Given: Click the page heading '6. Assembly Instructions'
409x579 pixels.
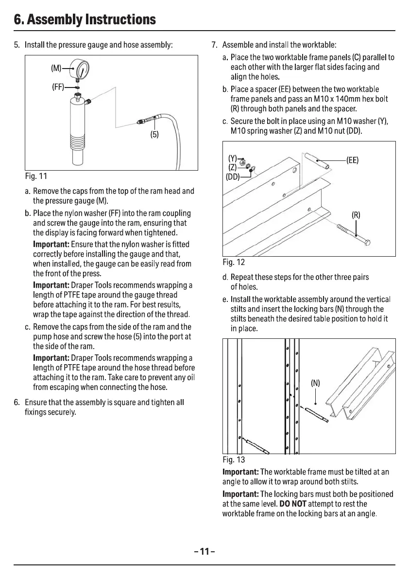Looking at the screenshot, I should [85, 19].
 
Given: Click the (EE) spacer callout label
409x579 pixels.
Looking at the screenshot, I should [352, 160].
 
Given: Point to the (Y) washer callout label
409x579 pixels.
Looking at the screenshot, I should [233, 158].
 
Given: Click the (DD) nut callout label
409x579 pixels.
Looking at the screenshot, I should [232, 176].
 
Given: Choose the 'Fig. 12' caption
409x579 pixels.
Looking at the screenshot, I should [234, 263].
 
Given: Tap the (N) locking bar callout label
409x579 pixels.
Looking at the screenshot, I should [316, 383].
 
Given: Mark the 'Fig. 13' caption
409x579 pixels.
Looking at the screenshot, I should [234, 459].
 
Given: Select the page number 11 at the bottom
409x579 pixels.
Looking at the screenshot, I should [204, 551].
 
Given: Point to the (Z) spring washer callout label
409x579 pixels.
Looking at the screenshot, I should [233, 167].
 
